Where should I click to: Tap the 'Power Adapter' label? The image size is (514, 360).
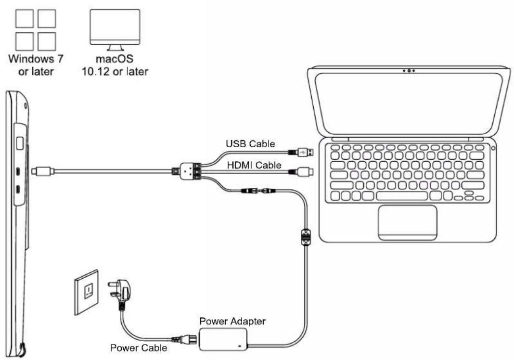point(232,321)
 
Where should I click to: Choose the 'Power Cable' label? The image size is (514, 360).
point(139,347)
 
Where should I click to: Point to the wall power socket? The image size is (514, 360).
point(87,292)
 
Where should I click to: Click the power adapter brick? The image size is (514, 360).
point(225,338)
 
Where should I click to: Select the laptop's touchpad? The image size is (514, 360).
point(407,222)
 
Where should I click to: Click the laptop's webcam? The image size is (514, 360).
point(409,71)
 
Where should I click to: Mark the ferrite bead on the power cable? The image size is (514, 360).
point(305,237)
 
